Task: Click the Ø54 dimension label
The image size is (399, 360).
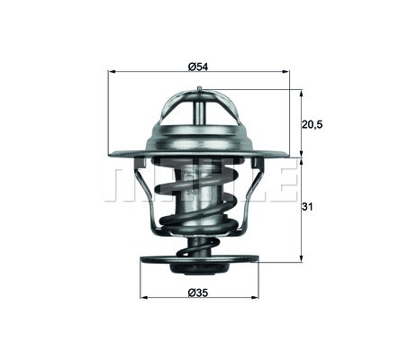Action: click(x=198, y=67)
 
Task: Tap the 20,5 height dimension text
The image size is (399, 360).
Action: click(x=312, y=124)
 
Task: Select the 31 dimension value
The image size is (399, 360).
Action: click(x=307, y=206)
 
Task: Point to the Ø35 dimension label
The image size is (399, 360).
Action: click(x=198, y=292)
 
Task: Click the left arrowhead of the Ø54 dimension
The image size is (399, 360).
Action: click(x=112, y=72)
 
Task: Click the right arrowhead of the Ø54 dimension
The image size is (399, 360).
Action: click(x=286, y=72)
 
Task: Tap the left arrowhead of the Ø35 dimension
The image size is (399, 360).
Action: click(x=144, y=298)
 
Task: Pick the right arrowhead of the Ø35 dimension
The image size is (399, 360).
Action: click(x=255, y=298)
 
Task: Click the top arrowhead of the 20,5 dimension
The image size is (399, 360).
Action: click(x=301, y=94)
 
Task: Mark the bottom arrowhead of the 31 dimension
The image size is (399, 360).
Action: click(x=301, y=257)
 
